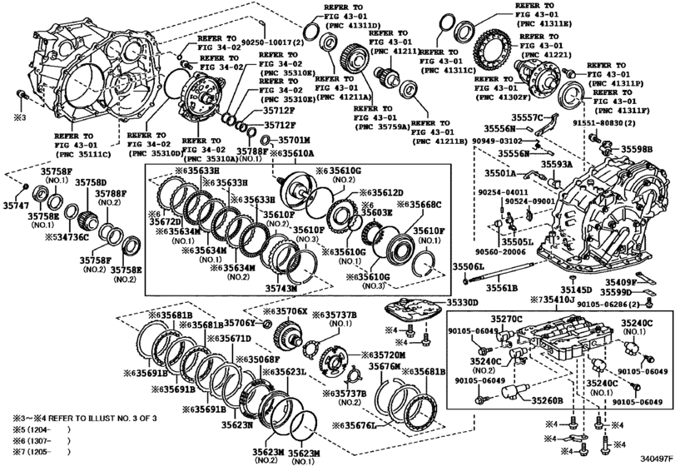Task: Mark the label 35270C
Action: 506,318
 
